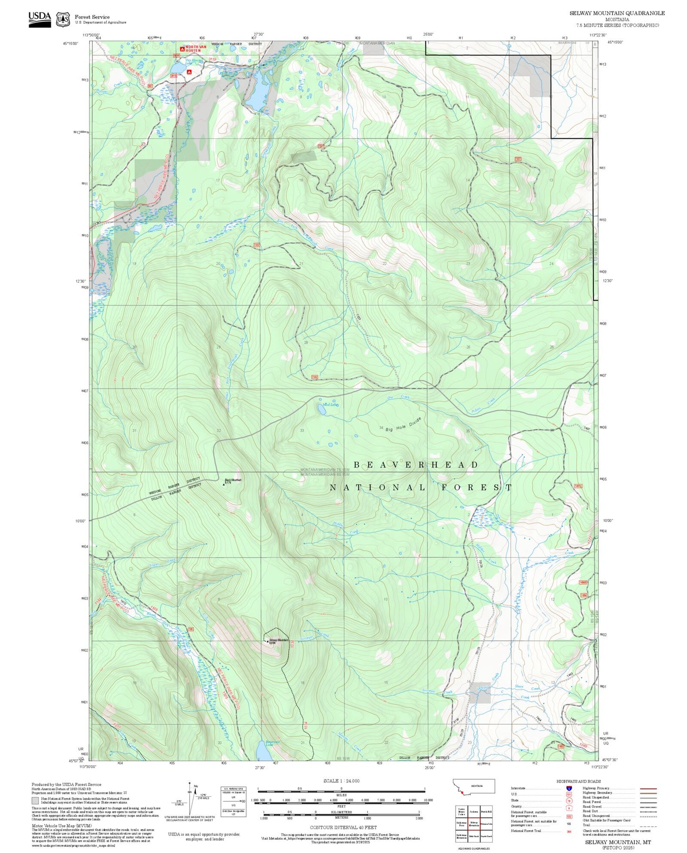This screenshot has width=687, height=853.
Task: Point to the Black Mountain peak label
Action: tap(233, 480)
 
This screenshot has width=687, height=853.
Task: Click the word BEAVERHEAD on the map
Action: tap(416, 465)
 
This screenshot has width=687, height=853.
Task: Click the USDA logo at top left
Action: tap(39, 19)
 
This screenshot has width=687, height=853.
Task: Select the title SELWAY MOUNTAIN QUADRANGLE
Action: tap(617, 13)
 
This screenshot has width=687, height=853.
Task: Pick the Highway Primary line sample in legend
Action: tap(648, 788)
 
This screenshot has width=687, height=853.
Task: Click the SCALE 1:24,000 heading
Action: tap(341, 781)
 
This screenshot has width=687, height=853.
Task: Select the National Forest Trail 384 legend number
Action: tap(569, 831)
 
